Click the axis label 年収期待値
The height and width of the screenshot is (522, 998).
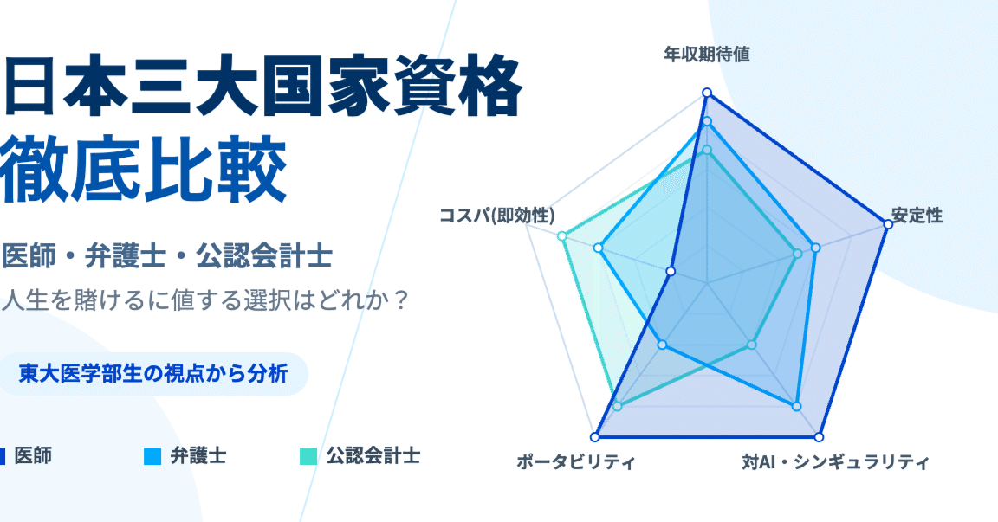tap(707, 55)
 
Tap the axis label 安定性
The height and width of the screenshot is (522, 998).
tap(917, 216)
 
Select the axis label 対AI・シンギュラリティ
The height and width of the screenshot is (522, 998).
tap(835, 461)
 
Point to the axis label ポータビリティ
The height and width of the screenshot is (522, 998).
tap(575, 461)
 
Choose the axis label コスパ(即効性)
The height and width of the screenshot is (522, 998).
tap(496, 216)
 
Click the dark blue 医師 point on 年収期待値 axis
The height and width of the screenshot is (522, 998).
tap(707, 93)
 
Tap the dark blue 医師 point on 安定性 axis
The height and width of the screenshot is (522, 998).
tap(888, 224)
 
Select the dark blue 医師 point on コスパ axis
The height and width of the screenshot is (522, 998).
tap(670, 272)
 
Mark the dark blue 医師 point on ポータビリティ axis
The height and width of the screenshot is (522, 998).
tap(594, 437)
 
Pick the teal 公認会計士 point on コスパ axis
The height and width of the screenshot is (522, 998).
tap(561, 235)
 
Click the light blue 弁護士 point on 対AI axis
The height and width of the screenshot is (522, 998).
tap(796, 406)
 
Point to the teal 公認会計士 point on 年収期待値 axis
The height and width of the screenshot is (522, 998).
tap(707, 150)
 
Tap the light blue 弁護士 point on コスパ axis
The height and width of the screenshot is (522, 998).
tap(598, 248)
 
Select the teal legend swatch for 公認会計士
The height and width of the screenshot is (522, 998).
tap(308, 456)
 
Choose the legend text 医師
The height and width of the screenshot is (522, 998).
tap(33, 456)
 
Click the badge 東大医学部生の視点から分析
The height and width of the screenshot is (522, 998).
tap(153, 374)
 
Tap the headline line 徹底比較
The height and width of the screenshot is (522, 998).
tap(144, 169)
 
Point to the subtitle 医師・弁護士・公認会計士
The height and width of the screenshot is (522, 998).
tap(166, 256)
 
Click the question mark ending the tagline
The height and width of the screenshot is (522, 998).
tap(399, 300)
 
